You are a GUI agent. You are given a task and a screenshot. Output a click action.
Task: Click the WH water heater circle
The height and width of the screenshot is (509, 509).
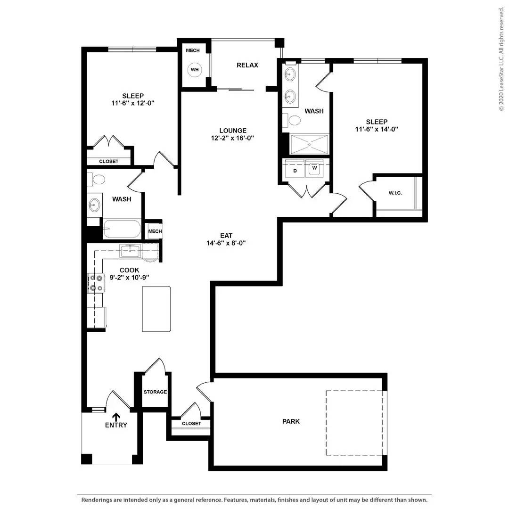[195, 70]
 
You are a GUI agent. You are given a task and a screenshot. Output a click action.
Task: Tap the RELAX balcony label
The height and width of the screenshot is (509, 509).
[247, 65]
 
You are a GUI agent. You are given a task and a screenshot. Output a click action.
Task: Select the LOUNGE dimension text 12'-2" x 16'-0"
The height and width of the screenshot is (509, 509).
[232, 138]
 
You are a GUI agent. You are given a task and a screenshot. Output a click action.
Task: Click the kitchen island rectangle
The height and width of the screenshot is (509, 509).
[156, 309]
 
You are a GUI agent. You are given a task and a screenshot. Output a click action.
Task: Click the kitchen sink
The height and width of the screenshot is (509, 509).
[130, 251]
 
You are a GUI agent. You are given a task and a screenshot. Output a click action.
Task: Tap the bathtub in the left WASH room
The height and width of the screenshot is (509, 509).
[123, 229]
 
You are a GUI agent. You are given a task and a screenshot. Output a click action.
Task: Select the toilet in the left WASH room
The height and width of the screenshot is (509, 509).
[96, 179]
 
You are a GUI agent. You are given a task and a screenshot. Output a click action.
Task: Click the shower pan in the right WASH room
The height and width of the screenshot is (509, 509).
[310, 145]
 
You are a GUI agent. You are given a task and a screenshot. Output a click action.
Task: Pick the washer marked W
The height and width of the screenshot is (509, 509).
[314, 169]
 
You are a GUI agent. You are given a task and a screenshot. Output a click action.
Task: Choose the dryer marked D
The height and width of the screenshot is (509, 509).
[295, 169]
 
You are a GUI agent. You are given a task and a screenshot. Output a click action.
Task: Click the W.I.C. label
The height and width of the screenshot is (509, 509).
[395, 193]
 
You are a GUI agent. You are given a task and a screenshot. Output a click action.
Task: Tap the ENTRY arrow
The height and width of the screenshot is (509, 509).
[116, 417]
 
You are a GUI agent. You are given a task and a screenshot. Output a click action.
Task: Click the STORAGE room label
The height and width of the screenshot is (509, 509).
[155, 392]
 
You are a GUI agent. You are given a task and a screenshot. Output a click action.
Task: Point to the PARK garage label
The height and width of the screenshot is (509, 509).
[291, 421]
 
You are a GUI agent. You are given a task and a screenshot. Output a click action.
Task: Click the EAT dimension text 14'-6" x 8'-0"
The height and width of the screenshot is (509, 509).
[226, 243]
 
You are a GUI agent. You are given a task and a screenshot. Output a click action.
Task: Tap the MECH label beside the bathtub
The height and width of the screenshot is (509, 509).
[155, 231]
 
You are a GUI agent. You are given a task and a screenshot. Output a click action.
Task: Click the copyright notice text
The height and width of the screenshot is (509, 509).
[501, 59]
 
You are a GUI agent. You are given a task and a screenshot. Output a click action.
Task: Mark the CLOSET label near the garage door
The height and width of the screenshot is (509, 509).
[191, 423]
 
